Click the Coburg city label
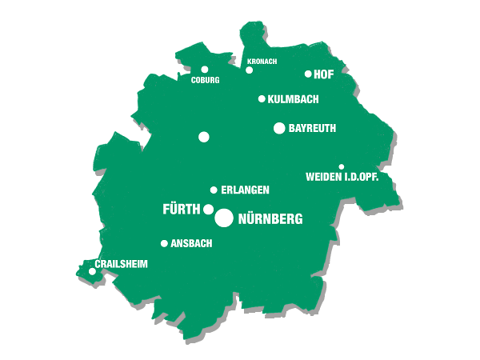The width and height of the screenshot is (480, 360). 205,80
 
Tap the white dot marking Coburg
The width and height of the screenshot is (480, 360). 205,70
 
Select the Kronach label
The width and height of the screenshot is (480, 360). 262,61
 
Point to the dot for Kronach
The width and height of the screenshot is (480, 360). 250,70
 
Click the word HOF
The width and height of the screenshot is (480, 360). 324,74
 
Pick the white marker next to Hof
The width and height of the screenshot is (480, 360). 308,74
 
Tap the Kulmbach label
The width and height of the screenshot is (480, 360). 294,99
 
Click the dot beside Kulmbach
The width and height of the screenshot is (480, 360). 262,99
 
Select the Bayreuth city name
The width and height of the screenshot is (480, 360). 312,128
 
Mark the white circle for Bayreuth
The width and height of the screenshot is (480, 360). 279,128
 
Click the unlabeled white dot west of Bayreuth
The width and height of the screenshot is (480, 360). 204,137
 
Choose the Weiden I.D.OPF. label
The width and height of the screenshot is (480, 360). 342,177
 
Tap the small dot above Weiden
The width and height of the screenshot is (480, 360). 342,166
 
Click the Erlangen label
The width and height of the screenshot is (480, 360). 245,190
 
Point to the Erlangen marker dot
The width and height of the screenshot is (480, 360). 214,190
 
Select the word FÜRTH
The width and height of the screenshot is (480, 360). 181,210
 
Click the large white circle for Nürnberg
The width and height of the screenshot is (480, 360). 224,218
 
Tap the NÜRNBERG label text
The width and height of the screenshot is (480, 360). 270,218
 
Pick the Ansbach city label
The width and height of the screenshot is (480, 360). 191,243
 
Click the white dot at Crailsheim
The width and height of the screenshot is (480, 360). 92,271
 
